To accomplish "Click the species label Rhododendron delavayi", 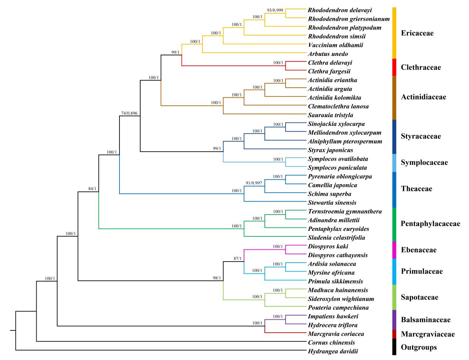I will (x=340, y=10).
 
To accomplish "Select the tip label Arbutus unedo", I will (x=328, y=54).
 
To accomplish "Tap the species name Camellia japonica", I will (x=332, y=185).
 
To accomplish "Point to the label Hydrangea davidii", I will (x=333, y=351).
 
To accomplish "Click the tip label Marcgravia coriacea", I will (x=336, y=334).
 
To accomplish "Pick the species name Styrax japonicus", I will (x=330, y=150).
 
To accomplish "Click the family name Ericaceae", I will (x=417, y=33).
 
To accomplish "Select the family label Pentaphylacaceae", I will (x=430, y=224).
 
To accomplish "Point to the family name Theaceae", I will (x=416, y=189).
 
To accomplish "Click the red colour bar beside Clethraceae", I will (x=394, y=67).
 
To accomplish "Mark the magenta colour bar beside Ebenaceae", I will (x=394, y=250).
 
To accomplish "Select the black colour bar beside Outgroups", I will (x=394, y=347).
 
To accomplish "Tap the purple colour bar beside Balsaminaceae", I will (x=394, y=319).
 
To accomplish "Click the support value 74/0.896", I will (x=129, y=113).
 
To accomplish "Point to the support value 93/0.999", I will (x=275, y=10).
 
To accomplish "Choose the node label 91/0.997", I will (x=254, y=183).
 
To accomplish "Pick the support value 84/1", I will (x=92, y=189).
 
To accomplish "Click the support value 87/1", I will (x=238, y=259).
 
